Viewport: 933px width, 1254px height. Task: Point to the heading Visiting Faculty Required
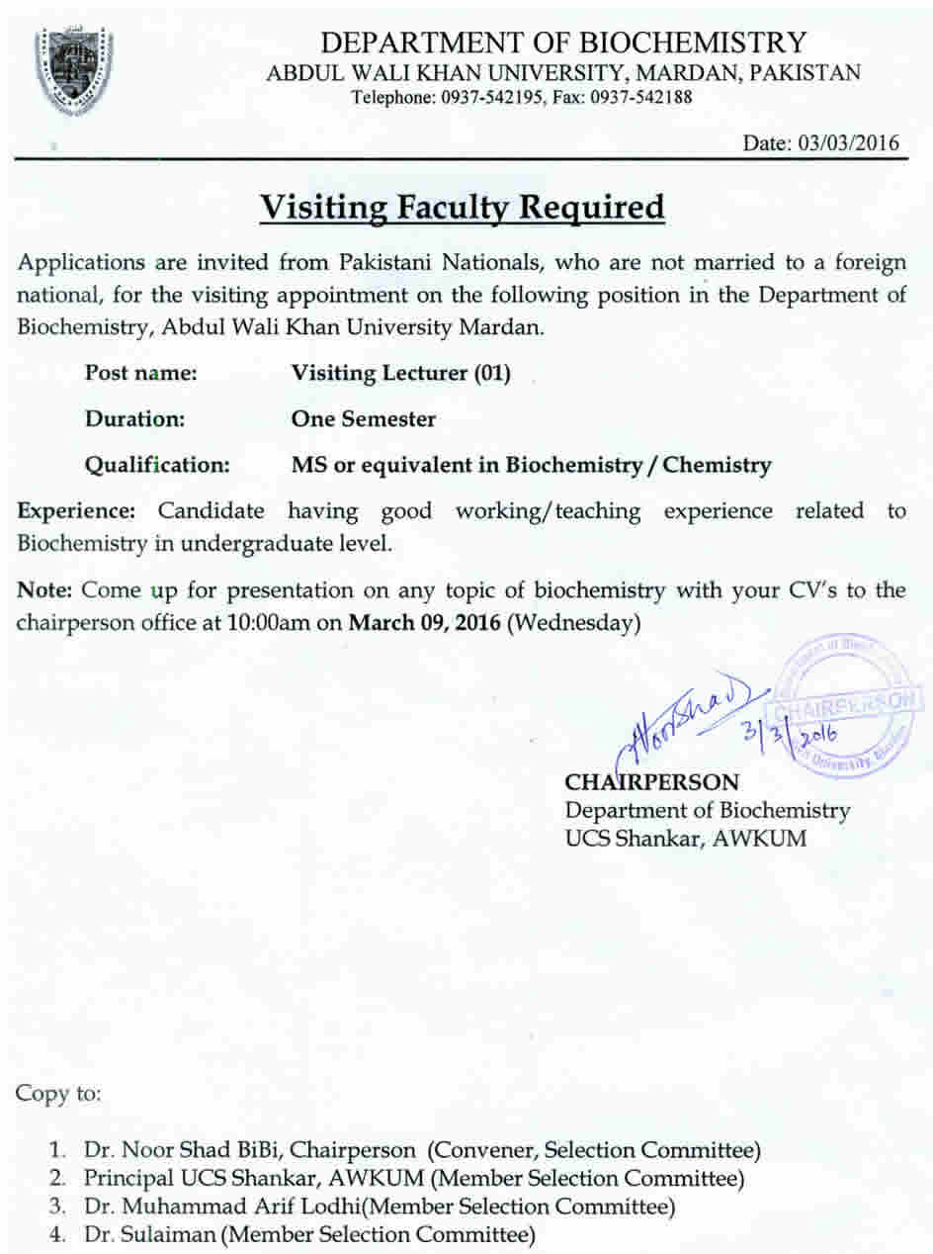pos(462,209)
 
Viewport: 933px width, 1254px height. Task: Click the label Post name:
pos(140,374)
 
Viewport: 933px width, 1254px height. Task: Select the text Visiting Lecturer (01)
pos(400,374)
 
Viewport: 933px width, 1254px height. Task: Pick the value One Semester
pos(363,419)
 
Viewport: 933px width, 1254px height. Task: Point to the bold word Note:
pos(45,591)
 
